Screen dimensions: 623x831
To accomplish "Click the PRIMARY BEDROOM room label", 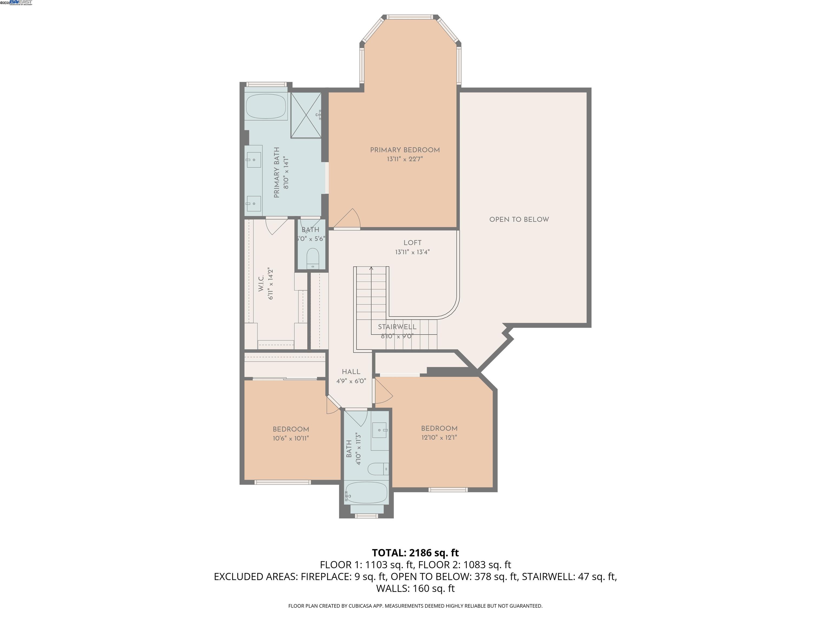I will [405, 150].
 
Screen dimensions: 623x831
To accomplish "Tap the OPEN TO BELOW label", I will [519, 219].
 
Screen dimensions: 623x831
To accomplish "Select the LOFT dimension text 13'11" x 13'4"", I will [412, 252].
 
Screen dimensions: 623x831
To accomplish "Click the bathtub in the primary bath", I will [266, 107].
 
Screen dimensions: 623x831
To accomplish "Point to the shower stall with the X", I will [306, 115].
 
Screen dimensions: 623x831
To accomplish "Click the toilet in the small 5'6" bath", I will [312, 259].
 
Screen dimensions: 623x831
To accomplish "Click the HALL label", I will [351, 372].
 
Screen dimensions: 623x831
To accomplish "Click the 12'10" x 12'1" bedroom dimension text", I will [439, 437].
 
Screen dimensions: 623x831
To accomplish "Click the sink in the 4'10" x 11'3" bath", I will [380, 429].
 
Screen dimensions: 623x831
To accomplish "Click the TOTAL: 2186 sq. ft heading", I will [415, 553].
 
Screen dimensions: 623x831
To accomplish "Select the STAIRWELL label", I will [397, 327].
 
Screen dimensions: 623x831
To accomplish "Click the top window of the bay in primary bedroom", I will [410, 17].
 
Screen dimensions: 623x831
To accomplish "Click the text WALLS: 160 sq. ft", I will [415, 588].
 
